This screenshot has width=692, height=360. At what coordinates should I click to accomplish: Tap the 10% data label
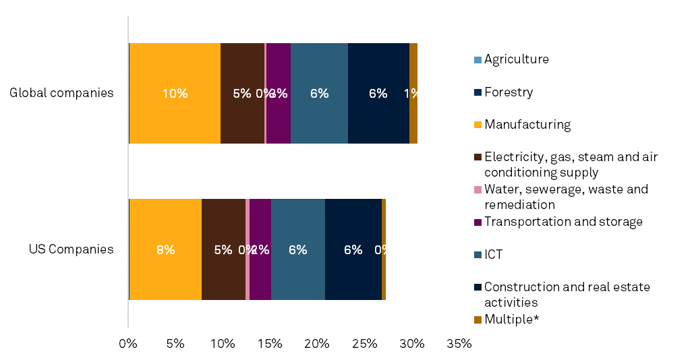[x=175, y=94]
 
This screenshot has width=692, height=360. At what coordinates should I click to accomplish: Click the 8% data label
[x=165, y=249]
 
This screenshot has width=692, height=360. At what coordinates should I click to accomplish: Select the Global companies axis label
[x=61, y=93]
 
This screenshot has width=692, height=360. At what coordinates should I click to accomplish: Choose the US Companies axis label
[x=71, y=249]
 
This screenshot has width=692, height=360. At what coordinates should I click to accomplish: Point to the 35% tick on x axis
[x=459, y=344]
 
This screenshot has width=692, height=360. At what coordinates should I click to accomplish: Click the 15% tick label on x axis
[x=270, y=344]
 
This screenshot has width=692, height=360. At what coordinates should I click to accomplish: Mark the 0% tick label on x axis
[x=128, y=344]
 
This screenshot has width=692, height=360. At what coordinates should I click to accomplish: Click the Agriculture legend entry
[x=516, y=59]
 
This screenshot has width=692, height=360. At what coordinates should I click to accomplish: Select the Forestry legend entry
[x=508, y=92]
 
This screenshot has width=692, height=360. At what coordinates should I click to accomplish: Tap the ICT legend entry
[x=493, y=255]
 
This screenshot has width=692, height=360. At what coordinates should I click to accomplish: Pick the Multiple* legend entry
[x=511, y=320]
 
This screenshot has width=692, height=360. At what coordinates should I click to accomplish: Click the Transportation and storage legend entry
[x=563, y=222]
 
